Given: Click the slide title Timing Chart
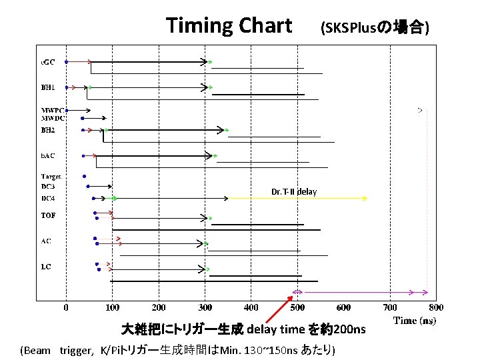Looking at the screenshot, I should [229, 25].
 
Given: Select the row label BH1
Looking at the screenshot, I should [47, 87].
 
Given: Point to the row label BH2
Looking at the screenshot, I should [47, 130].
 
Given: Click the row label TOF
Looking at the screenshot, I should [48, 215].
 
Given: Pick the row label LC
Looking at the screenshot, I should [45, 267].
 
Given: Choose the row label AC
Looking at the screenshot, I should [45, 241].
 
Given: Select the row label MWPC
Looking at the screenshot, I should [50, 110].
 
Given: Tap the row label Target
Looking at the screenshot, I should [51, 177].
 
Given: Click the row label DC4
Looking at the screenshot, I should [47, 198].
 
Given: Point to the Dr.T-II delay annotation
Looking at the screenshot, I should [294, 192].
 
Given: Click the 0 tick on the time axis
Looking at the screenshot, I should [65, 307].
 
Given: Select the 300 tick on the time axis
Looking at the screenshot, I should [205, 307].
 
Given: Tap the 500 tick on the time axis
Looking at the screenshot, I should [297, 307].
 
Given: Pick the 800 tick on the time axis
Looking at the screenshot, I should [436, 307].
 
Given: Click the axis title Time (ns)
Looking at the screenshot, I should [415, 321].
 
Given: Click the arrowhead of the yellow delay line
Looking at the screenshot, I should [365, 198].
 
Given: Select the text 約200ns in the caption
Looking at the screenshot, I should [342, 329].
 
